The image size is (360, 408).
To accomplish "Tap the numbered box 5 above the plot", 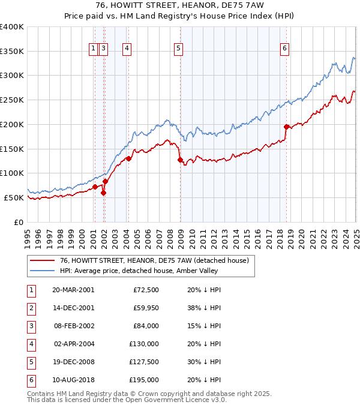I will click(x=179, y=49).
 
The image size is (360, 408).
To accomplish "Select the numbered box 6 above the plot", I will click(x=284, y=49).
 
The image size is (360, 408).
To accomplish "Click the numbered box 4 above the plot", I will click(x=127, y=49).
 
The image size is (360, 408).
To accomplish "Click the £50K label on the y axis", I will click(x=14, y=197).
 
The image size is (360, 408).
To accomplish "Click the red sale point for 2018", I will click(x=286, y=127).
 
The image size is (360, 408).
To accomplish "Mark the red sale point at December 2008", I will click(x=180, y=160).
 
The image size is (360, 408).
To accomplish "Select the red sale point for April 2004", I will click(x=128, y=158).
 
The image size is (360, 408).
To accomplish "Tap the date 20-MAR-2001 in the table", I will click(x=73, y=290).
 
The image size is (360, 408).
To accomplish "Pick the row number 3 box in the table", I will click(x=31, y=326).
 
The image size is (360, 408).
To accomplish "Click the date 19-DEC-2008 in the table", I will click(x=73, y=362).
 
